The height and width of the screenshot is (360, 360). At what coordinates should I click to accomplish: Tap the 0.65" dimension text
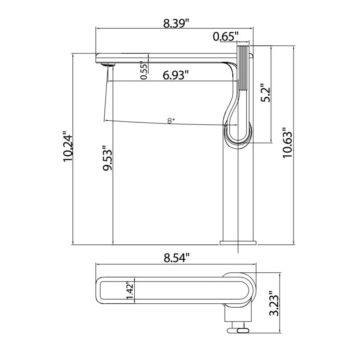(226, 36)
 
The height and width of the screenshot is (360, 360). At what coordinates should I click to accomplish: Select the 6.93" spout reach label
(176, 75)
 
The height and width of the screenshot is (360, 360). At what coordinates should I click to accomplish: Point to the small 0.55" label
(144, 70)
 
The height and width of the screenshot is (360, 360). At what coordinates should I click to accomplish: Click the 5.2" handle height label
(266, 92)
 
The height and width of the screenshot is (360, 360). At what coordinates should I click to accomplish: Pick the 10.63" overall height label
(287, 142)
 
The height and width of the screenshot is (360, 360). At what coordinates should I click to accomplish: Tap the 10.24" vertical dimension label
(68, 146)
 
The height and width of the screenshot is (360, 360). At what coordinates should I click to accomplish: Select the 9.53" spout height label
(107, 158)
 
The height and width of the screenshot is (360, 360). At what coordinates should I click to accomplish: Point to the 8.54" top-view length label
(177, 258)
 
